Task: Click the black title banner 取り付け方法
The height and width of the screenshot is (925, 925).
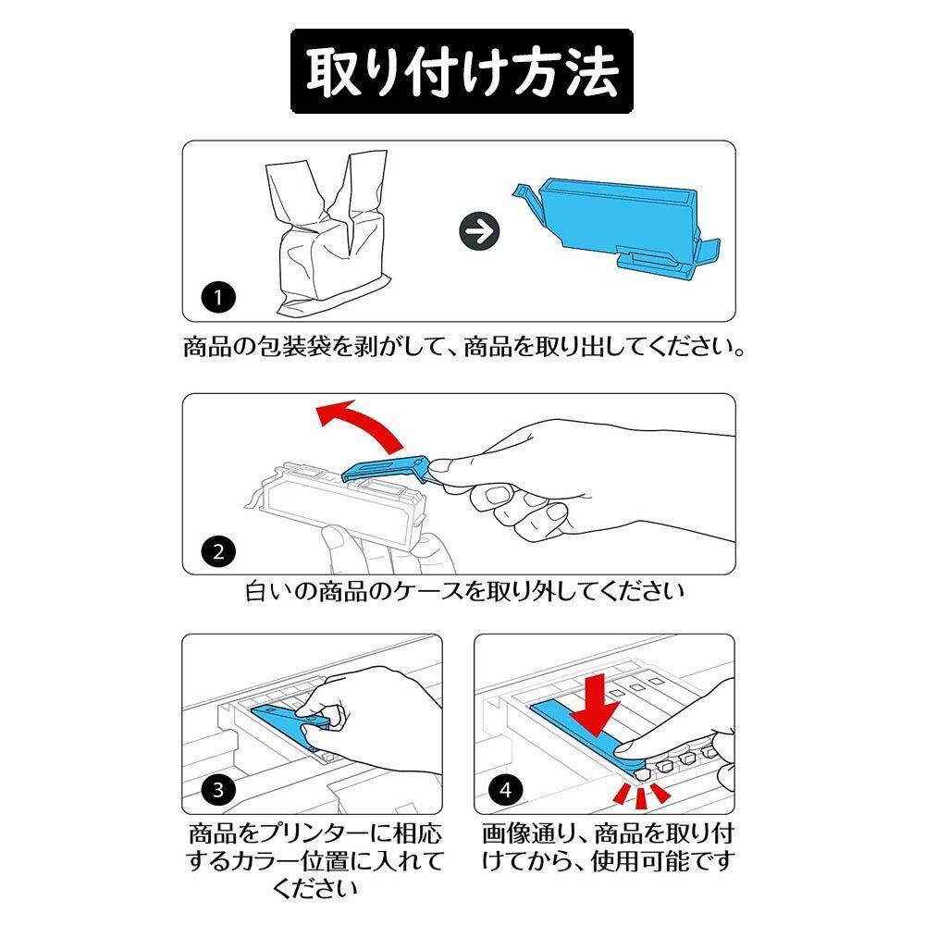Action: pyautogui.click(x=462, y=71)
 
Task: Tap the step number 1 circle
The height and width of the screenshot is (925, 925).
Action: pyautogui.click(x=218, y=297)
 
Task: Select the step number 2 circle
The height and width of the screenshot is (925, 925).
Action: pyautogui.click(x=218, y=552)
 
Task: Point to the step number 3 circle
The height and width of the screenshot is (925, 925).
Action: pyautogui.click(x=218, y=789)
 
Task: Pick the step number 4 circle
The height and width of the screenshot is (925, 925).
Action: pyautogui.click(x=506, y=789)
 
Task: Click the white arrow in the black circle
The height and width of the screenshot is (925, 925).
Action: pyautogui.click(x=479, y=231)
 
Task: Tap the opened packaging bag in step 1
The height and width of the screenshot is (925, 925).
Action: pyautogui.click(x=327, y=233)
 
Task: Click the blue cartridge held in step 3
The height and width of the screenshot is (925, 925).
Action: pyautogui.click(x=289, y=723)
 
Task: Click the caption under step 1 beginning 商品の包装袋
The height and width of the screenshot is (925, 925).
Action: pyautogui.click(x=463, y=347)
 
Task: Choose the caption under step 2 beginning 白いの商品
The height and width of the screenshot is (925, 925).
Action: pyautogui.click(x=464, y=591)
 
